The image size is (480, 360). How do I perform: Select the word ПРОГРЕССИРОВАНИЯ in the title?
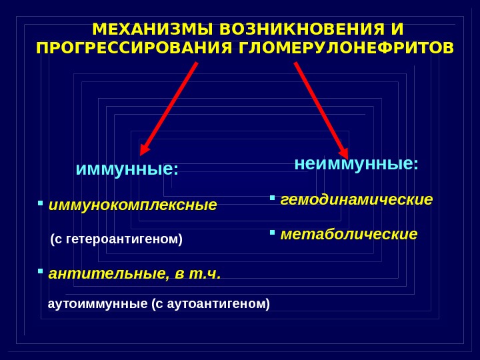[x=133, y=49]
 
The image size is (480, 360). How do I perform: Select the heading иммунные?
[x=127, y=169]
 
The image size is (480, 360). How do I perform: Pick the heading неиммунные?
[x=357, y=163]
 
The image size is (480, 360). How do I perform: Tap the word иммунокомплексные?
[x=133, y=205]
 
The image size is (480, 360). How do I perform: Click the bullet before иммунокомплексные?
[x=41, y=202]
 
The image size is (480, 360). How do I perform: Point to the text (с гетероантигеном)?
[x=116, y=239]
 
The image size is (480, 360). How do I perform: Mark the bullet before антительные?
[x=41, y=271]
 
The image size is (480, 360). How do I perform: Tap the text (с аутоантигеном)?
[x=211, y=304]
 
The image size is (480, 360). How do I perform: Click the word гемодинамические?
[x=357, y=199]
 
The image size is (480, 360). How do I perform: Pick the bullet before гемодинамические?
[x=272, y=197]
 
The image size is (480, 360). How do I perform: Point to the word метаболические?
[x=349, y=235]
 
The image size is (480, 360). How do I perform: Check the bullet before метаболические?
[x=272, y=233]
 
